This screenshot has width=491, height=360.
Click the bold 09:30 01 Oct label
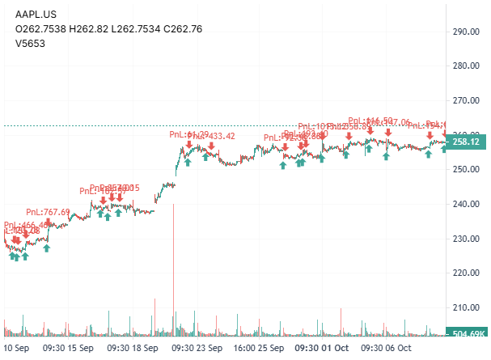(321, 347)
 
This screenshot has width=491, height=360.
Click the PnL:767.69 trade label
(48, 212)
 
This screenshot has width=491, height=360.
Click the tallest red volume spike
(174, 267)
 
